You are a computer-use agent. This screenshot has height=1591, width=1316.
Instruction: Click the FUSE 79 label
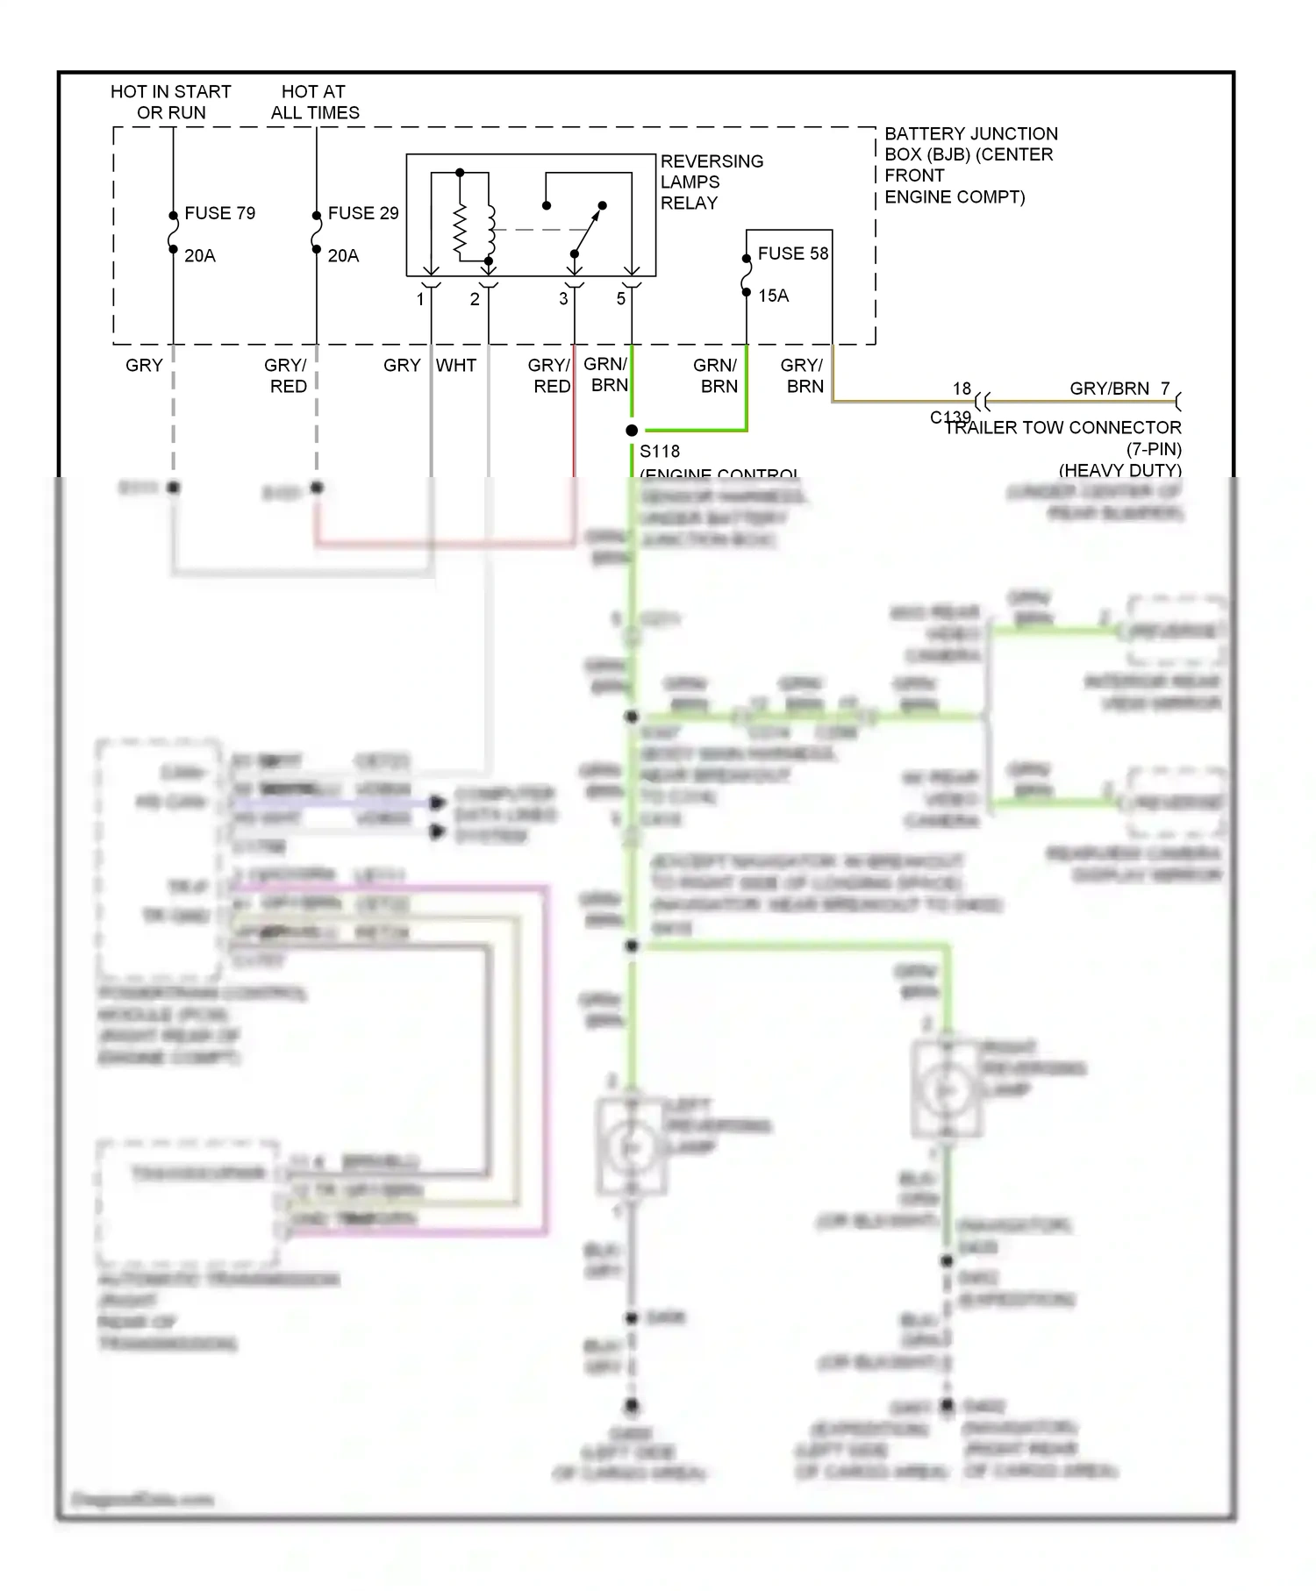(219, 213)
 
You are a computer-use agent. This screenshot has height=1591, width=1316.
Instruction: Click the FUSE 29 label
(362, 213)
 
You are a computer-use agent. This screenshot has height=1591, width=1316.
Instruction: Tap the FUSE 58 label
(792, 253)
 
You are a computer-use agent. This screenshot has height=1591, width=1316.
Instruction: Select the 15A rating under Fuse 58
(773, 296)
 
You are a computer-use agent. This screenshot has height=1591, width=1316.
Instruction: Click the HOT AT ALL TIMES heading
(314, 102)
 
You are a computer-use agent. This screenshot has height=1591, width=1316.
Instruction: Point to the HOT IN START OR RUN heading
(171, 102)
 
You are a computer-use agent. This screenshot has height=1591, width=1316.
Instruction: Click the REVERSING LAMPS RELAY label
(711, 182)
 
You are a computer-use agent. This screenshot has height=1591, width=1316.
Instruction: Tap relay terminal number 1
(420, 300)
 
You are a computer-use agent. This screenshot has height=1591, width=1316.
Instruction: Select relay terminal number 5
(620, 299)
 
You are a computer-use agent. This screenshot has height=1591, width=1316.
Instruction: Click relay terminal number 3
(563, 299)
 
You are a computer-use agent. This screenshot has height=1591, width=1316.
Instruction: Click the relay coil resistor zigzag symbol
(460, 231)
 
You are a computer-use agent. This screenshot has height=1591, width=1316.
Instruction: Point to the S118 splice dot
(632, 431)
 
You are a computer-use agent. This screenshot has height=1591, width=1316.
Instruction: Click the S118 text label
(659, 452)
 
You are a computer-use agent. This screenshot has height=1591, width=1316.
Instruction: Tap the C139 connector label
(949, 417)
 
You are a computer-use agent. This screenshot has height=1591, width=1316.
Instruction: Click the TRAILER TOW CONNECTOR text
(1063, 428)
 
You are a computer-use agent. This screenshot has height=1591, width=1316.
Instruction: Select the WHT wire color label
(456, 366)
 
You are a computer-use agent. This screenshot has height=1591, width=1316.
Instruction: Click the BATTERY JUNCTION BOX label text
(969, 165)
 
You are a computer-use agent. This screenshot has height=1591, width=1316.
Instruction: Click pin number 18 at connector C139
(962, 389)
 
